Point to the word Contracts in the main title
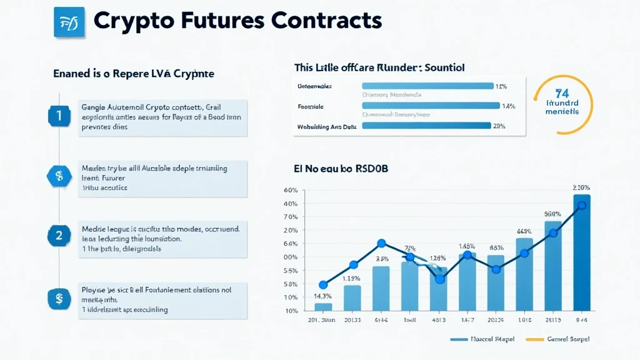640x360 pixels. point(327,21)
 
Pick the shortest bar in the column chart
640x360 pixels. point(323,307)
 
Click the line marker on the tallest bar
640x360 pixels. point(582,206)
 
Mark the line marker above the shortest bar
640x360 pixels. point(323,284)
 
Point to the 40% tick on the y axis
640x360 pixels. point(290,204)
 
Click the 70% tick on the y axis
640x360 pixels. point(290,217)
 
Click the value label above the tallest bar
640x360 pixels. point(581,187)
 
